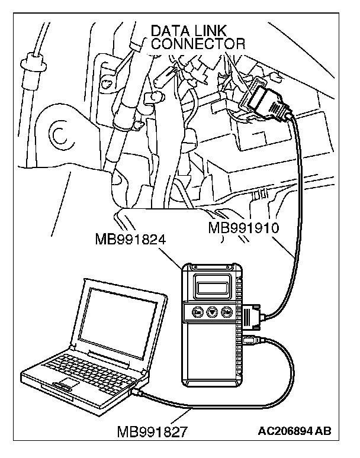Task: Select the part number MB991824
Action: tap(130, 240)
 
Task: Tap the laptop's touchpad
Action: tap(65, 386)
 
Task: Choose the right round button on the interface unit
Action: tap(227, 312)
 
